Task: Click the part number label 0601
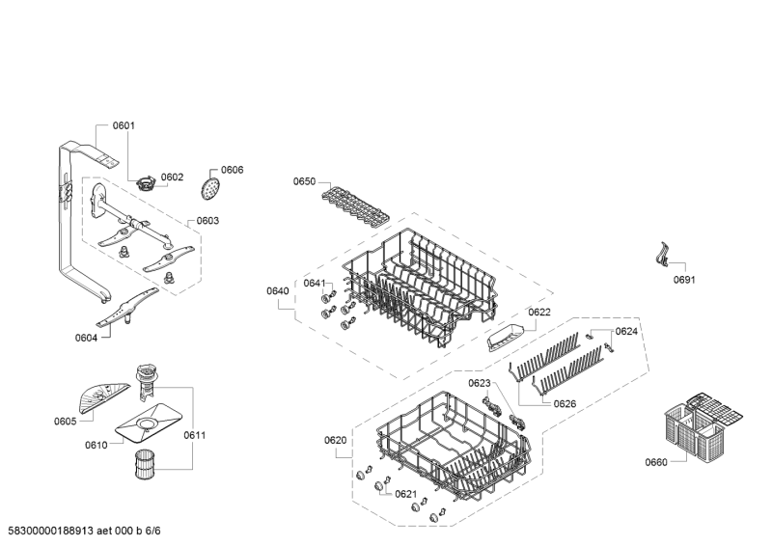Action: (124, 125)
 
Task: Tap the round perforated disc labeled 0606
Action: (210, 188)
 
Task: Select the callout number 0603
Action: (207, 221)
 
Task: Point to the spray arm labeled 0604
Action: (127, 307)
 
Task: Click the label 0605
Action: (65, 421)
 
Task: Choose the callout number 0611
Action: (195, 435)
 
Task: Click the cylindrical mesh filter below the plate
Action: (145, 464)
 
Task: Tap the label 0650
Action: (304, 181)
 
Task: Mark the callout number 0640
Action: (278, 291)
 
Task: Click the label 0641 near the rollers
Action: (315, 283)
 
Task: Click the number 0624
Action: (626, 331)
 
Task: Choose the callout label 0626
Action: (565, 404)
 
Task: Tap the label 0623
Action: (480, 383)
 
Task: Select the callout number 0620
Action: (335, 440)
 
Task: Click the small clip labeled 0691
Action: (664, 255)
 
